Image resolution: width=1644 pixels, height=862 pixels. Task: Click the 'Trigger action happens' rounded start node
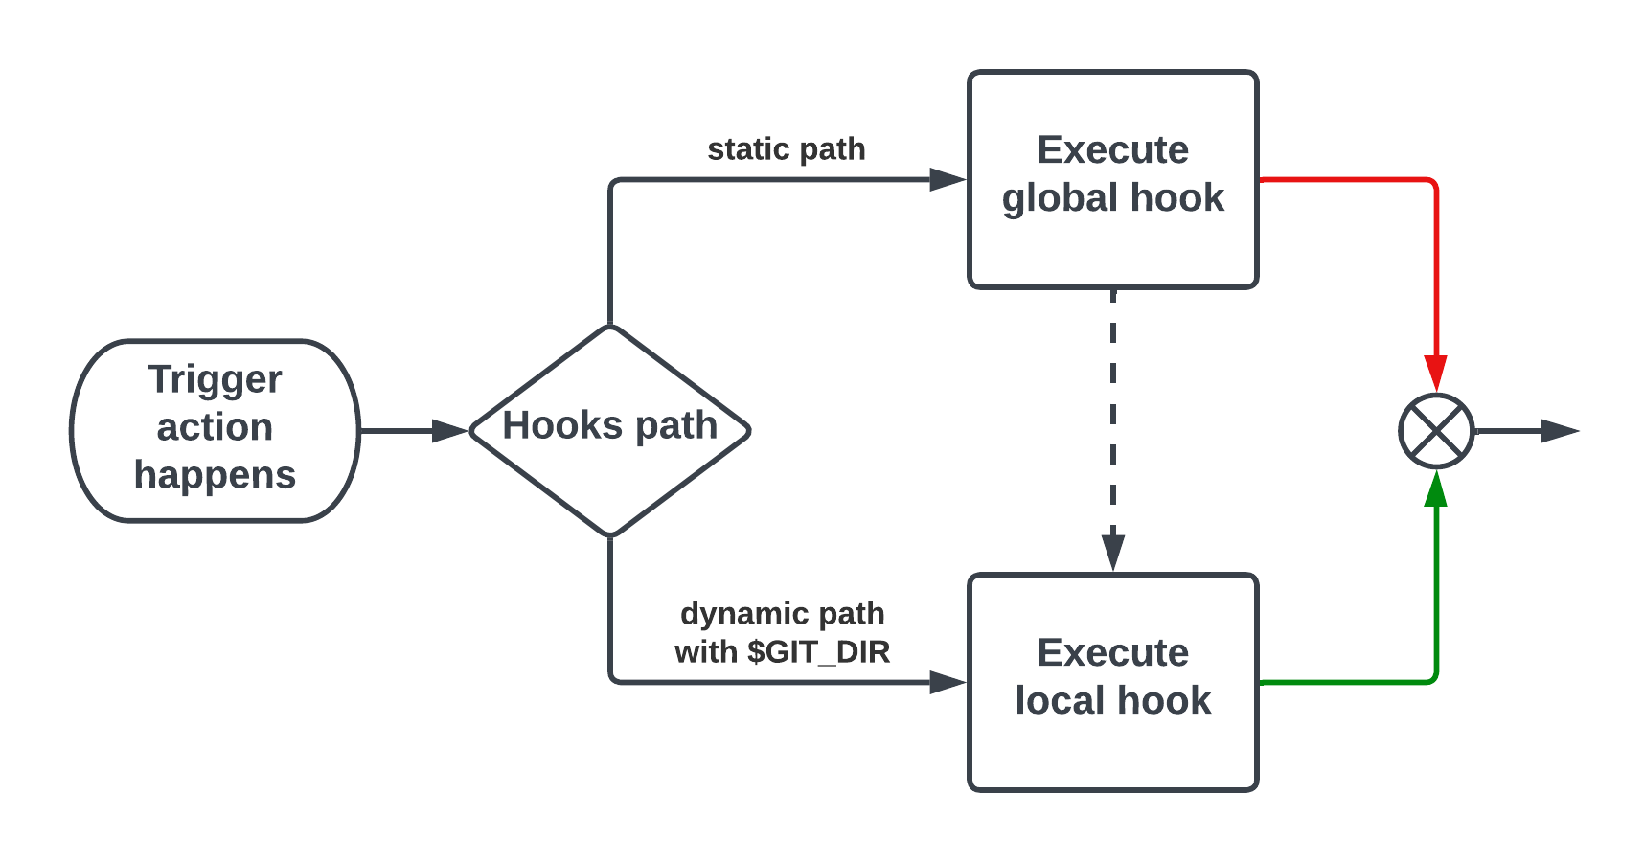click(x=215, y=430)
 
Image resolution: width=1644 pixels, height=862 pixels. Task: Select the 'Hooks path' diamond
click(x=609, y=430)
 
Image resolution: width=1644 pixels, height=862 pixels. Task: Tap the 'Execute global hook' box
click(x=1112, y=179)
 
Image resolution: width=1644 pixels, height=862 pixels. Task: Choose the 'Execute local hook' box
click(x=1112, y=681)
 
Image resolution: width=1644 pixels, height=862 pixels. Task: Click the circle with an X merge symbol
click(x=1435, y=431)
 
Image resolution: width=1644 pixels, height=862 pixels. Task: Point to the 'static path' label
click(x=786, y=149)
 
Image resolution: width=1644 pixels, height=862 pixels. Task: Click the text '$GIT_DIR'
click(x=819, y=652)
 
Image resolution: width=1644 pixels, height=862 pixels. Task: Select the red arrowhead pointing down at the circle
click(x=1435, y=372)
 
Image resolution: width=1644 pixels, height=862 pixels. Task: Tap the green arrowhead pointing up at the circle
click(x=1435, y=490)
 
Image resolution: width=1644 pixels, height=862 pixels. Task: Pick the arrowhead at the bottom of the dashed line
click(x=1112, y=553)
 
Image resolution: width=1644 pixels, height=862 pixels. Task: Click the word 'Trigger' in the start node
click(x=215, y=379)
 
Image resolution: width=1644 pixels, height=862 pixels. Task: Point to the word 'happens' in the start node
click(x=215, y=475)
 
